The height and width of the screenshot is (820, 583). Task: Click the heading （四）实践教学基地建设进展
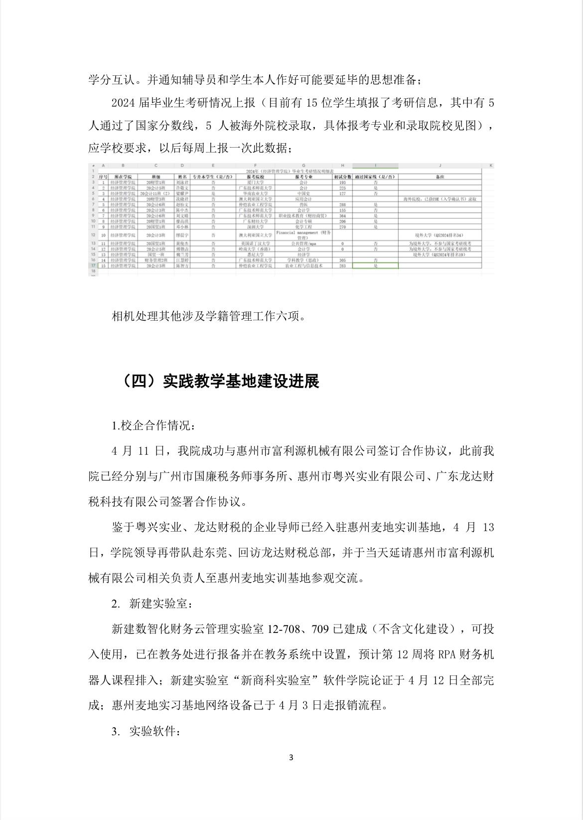coord(219,382)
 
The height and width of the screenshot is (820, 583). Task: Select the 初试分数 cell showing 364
coord(342,215)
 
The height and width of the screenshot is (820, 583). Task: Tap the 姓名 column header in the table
coord(182,177)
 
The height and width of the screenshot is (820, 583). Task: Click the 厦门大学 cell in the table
coord(255,183)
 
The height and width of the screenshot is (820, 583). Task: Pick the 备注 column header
coord(439,177)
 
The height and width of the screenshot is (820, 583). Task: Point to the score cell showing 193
coord(342,183)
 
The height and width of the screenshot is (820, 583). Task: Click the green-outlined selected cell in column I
coord(375,266)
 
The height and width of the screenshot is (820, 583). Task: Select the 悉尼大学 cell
coord(255,254)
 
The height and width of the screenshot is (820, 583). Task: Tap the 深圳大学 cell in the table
coord(255,226)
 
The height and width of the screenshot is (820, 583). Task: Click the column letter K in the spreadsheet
coord(490,165)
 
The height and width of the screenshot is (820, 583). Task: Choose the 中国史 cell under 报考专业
coord(303,194)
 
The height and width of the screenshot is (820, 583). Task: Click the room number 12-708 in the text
coord(285,629)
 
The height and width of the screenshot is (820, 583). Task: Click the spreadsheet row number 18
coord(93,271)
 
